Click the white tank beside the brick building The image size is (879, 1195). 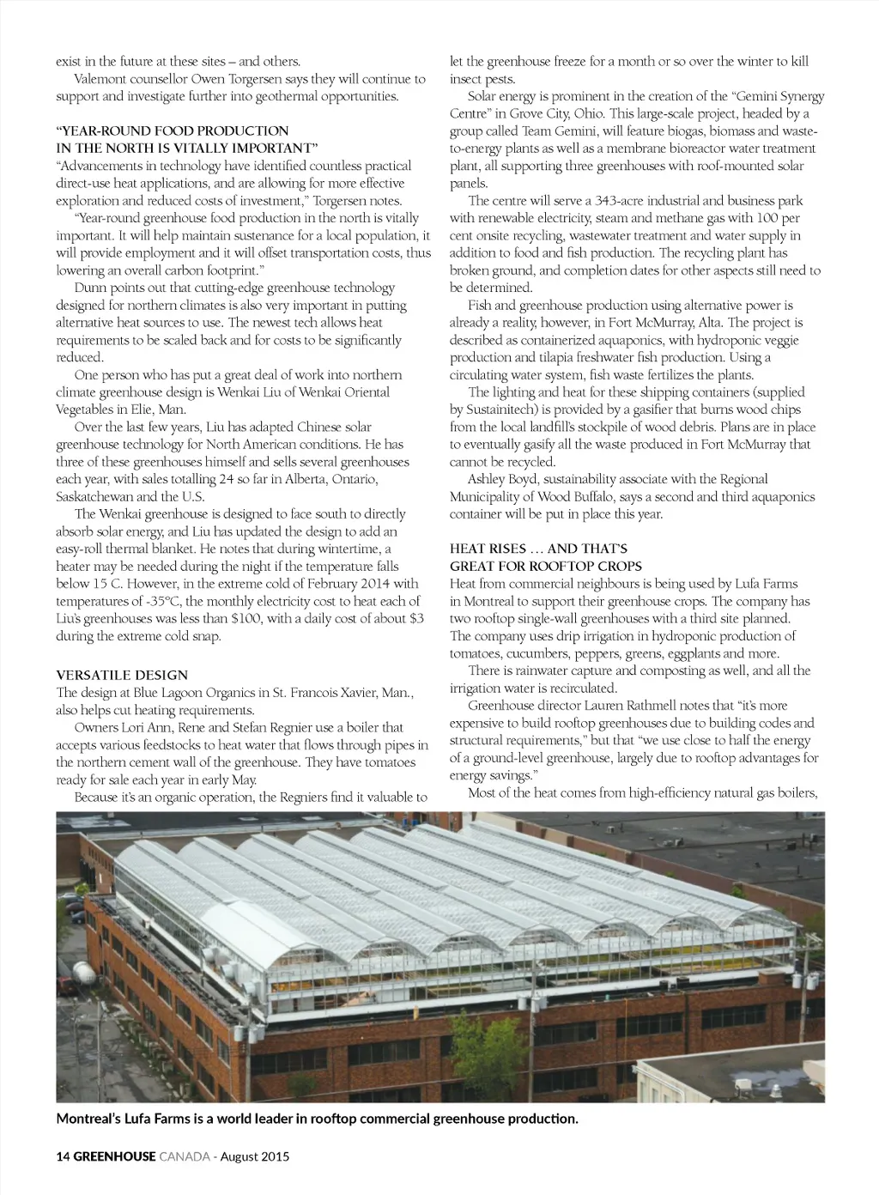click(84, 973)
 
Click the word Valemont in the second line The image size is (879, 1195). click(102, 79)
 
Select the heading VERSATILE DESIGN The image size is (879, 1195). click(122, 675)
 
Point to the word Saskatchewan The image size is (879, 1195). click(94, 496)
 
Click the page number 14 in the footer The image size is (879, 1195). click(63, 1156)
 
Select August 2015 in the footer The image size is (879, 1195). click(255, 1156)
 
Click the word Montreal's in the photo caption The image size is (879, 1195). click(90, 1118)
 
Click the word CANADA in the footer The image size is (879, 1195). click(185, 1156)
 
